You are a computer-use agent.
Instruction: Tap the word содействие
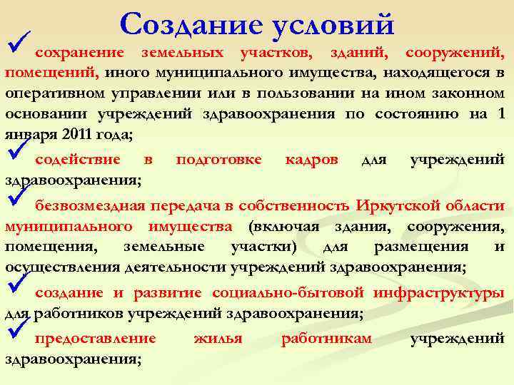(x=78, y=159)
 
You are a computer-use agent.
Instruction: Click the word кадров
(x=311, y=159)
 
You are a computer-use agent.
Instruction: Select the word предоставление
(x=95, y=339)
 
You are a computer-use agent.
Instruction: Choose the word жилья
(x=218, y=339)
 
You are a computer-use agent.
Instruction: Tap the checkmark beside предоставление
(x=16, y=331)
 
